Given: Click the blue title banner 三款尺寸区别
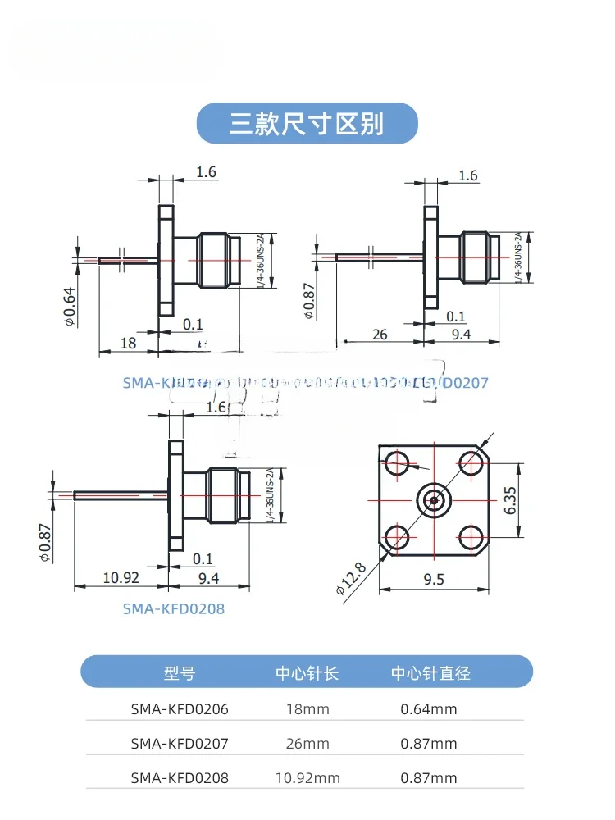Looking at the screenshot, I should point(307,123).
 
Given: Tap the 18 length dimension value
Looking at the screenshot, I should point(129,343).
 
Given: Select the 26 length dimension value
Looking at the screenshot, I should point(379,334).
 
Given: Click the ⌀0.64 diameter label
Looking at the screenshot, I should point(71,305).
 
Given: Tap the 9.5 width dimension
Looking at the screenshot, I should point(435,579).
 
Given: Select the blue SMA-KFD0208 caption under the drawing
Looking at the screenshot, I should point(173,608).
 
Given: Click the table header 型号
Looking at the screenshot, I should point(180,673).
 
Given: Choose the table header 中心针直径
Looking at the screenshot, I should point(430,673).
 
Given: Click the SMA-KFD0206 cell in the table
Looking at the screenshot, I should point(180,709).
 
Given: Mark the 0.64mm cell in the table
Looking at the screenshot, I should point(429,709).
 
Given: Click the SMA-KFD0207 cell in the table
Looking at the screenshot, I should point(180,744).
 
